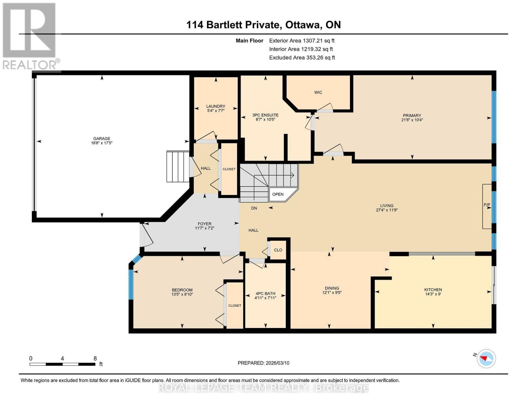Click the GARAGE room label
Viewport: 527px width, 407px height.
(x=102, y=138)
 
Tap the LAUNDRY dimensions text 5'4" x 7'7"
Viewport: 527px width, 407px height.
(x=216, y=111)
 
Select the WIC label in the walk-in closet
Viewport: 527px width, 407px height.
(x=318, y=92)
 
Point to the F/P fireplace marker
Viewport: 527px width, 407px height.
(x=487, y=205)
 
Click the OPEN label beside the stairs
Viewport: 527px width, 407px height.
(x=278, y=194)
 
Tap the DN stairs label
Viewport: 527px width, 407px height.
(x=254, y=208)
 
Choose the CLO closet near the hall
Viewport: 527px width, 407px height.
(x=278, y=250)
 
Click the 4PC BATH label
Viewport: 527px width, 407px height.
(x=265, y=293)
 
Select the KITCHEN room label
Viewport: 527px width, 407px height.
(x=433, y=290)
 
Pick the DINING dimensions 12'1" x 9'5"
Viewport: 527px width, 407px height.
(x=332, y=292)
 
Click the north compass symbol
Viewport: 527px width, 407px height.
(x=486, y=358)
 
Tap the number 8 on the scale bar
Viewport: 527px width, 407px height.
(x=95, y=358)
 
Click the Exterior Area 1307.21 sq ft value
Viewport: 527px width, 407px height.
(x=318, y=40)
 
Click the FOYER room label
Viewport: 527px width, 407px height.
(x=205, y=224)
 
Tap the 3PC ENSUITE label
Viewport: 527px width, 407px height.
(x=265, y=115)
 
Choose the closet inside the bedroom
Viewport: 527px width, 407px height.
(x=234, y=306)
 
